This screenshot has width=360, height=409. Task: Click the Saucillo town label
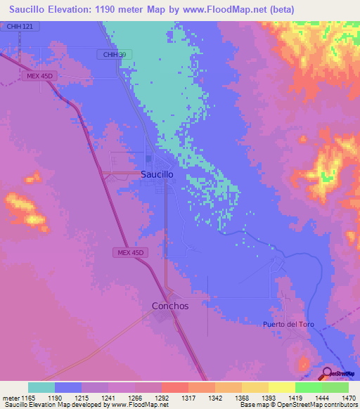[x=162, y=174]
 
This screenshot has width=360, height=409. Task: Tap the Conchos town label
[x=170, y=306]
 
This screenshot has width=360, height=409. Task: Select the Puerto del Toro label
[x=288, y=324]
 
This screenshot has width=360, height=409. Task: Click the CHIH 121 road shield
[x=20, y=26]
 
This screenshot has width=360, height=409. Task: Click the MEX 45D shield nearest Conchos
[x=130, y=252]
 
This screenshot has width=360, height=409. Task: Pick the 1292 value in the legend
[x=162, y=398]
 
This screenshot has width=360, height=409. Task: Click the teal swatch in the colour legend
[x=41, y=387]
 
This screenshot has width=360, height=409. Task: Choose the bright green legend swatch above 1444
[x=308, y=387]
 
